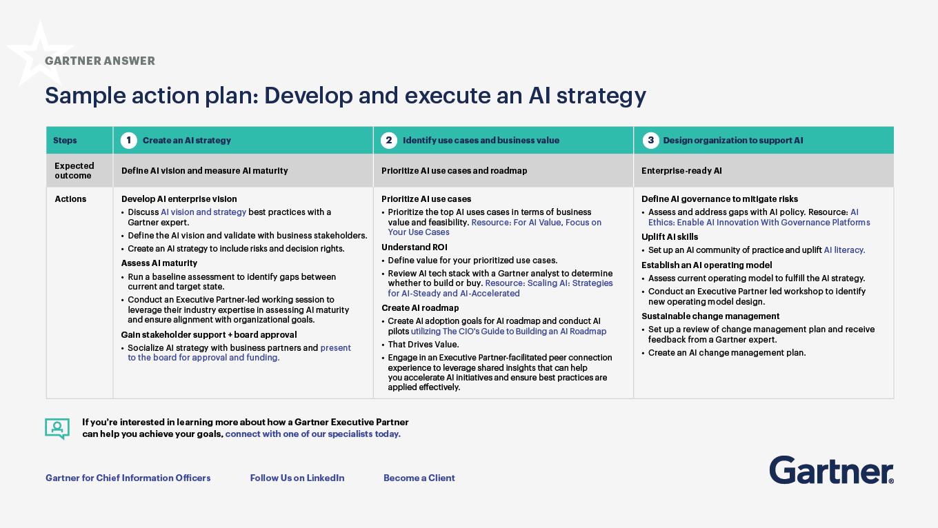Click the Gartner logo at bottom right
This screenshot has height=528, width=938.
click(831, 470)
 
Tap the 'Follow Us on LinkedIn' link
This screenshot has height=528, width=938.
click(297, 478)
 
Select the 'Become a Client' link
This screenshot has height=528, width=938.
click(419, 478)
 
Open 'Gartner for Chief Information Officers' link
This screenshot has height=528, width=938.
click(128, 478)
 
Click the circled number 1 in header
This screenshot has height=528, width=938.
click(129, 140)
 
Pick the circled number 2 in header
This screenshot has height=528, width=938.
click(389, 140)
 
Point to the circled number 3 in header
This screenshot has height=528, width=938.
click(650, 140)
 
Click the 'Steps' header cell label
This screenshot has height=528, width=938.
click(66, 141)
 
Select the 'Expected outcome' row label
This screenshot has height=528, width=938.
click(74, 170)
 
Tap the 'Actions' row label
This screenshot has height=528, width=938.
click(70, 199)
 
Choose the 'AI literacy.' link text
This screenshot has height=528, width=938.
click(844, 250)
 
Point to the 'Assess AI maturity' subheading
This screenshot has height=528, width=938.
click(159, 263)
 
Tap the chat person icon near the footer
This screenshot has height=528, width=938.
click(57, 428)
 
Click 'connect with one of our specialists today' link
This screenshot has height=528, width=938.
click(312, 434)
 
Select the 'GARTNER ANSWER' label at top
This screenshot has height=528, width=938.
click(100, 61)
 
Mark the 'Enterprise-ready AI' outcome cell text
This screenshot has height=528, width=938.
click(681, 171)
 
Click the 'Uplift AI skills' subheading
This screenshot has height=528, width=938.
click(670, 236)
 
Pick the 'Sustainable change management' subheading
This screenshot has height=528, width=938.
click(710, 316)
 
